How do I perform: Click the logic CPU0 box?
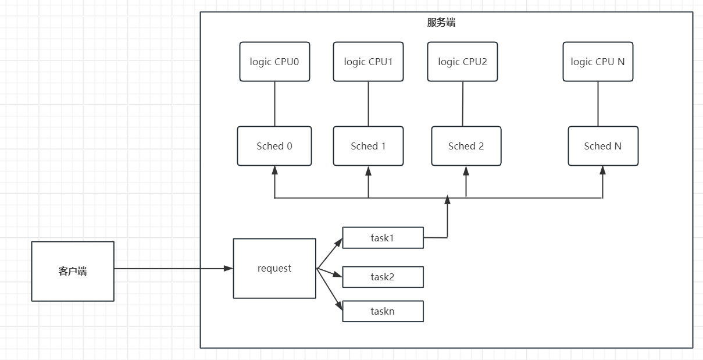pos(274,62)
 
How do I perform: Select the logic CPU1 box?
pos(368,62)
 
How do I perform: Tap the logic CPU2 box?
pos(462,62)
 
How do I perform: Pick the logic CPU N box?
pos(598,62)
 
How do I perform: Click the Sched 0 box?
pos(274,146)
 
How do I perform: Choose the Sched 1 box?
pos(368,146)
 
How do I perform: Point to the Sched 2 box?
pos(466,146)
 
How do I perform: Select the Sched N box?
pos(603,146)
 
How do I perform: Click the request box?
pos(274,268)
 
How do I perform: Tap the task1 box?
pos(383,237)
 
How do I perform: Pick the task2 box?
pos(383,277)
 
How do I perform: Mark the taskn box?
pos(383,311)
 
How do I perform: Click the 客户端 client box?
pos(73,271)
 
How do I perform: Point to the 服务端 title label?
pos(441,23)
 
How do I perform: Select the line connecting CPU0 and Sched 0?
pos(274,104)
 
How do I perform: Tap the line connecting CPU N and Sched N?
pos(598,104)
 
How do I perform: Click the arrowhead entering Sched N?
pos(602,170)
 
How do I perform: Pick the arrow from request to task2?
pos(330,273)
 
